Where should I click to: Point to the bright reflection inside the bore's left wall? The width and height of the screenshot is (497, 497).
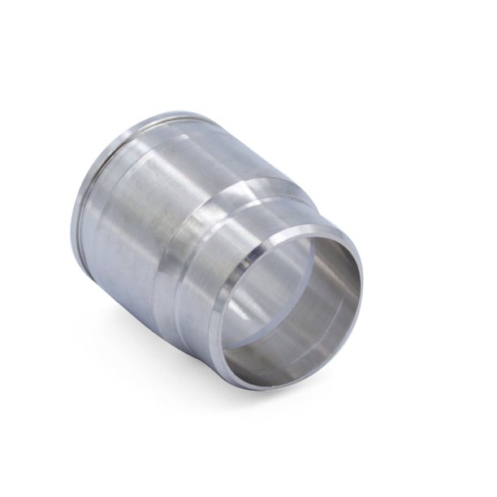(x=244, y=309)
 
